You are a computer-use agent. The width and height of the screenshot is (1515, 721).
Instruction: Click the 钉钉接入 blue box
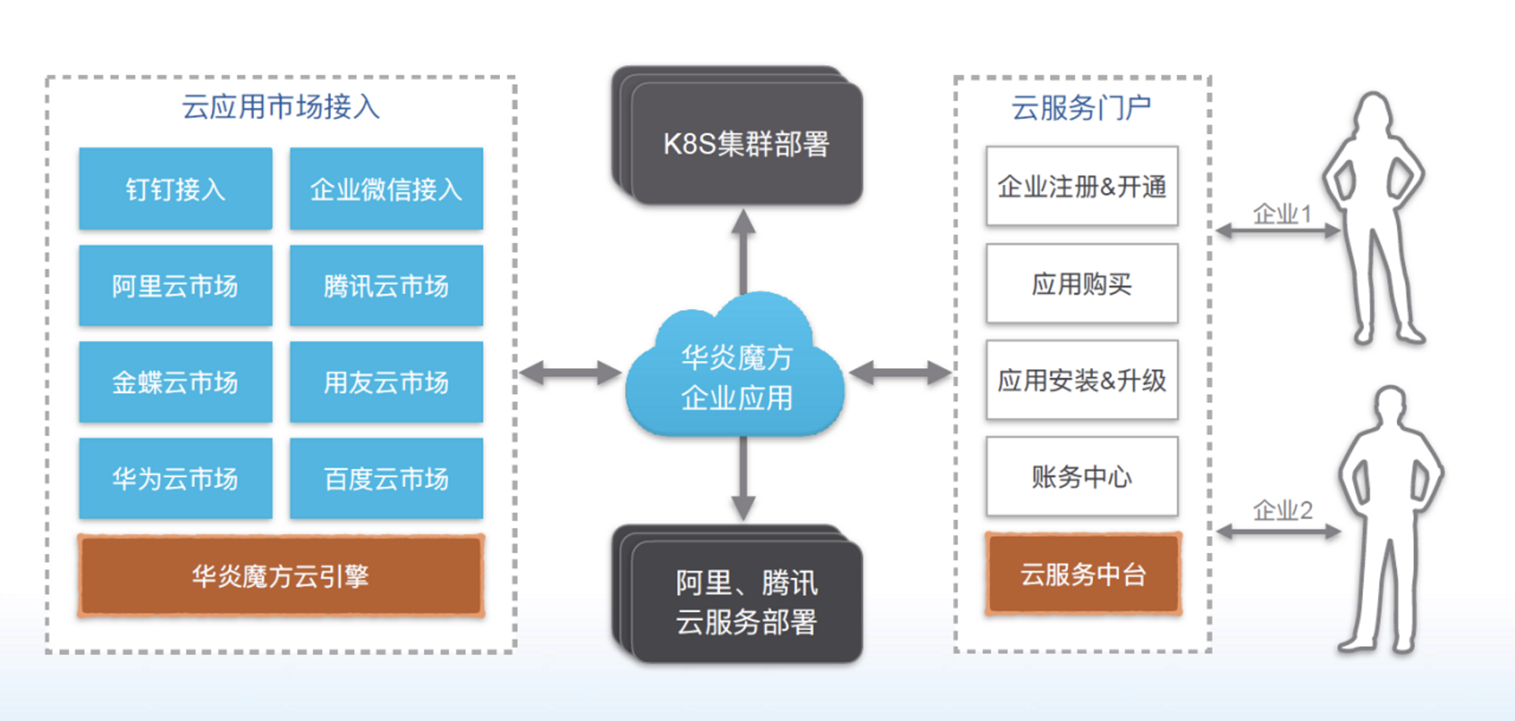coord(176,189)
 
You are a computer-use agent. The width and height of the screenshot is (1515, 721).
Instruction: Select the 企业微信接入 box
coord(386,189)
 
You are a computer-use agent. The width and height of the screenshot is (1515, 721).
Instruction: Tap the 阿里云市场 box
coord(176,286)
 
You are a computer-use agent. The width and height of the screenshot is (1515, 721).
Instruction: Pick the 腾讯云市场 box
coord(386,286)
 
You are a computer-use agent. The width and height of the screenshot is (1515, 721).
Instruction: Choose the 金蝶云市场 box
coord(176,382)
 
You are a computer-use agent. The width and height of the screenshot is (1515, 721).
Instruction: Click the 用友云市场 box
coord(386,382)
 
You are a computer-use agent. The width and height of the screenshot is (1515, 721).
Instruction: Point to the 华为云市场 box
coord(176,479)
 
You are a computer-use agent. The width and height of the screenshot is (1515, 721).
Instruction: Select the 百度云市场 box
coord(386,479)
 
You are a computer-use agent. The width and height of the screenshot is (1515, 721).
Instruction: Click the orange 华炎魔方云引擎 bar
coord(281,576)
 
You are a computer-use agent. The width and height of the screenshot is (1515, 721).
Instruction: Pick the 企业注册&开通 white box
coord(1082,186)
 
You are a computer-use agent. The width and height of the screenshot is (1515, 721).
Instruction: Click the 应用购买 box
coord(1082,284)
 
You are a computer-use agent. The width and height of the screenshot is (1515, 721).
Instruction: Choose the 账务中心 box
coord(1082,476)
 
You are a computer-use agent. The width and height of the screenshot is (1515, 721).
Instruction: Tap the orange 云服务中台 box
coord(1083,573)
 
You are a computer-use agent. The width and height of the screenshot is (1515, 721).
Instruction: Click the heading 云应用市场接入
coord(281,107)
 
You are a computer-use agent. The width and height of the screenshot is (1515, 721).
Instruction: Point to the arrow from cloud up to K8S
coord(743,251)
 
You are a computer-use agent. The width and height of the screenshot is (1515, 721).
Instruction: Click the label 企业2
coord(1282,510)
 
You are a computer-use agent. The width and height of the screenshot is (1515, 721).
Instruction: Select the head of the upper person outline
coord(1373,116)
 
